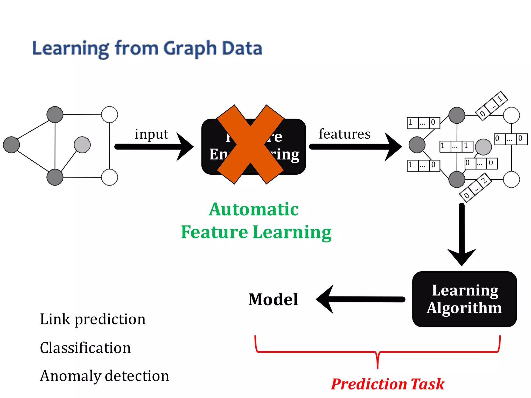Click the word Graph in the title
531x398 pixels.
click(x=190, y=49)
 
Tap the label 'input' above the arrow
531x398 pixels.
click(x=151, y=134)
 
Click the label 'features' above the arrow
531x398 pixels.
click(x=345, y=134)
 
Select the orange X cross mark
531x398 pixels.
click(x=250, y=145)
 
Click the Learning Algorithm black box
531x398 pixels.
click(x=464, y=299)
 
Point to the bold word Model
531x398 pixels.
click(x=273, y=300)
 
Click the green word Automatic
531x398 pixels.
click(x=254, y=209)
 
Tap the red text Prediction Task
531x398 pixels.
click(x=388, y=384)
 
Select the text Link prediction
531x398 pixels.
click(x=93, y=319)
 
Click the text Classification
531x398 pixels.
click(x=85, y=348)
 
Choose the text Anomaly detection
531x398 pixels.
click(x=104, y=376)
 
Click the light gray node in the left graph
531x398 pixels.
click(x=82, y=145)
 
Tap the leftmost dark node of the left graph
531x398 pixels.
click(x=11, y=145)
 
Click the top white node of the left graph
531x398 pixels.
click(x=109, y=115)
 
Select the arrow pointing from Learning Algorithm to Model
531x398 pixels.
click(x=360, y=300)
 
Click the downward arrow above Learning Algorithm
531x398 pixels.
click(x=462, y=233)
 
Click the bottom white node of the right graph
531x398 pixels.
click(x=511, y=179)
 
